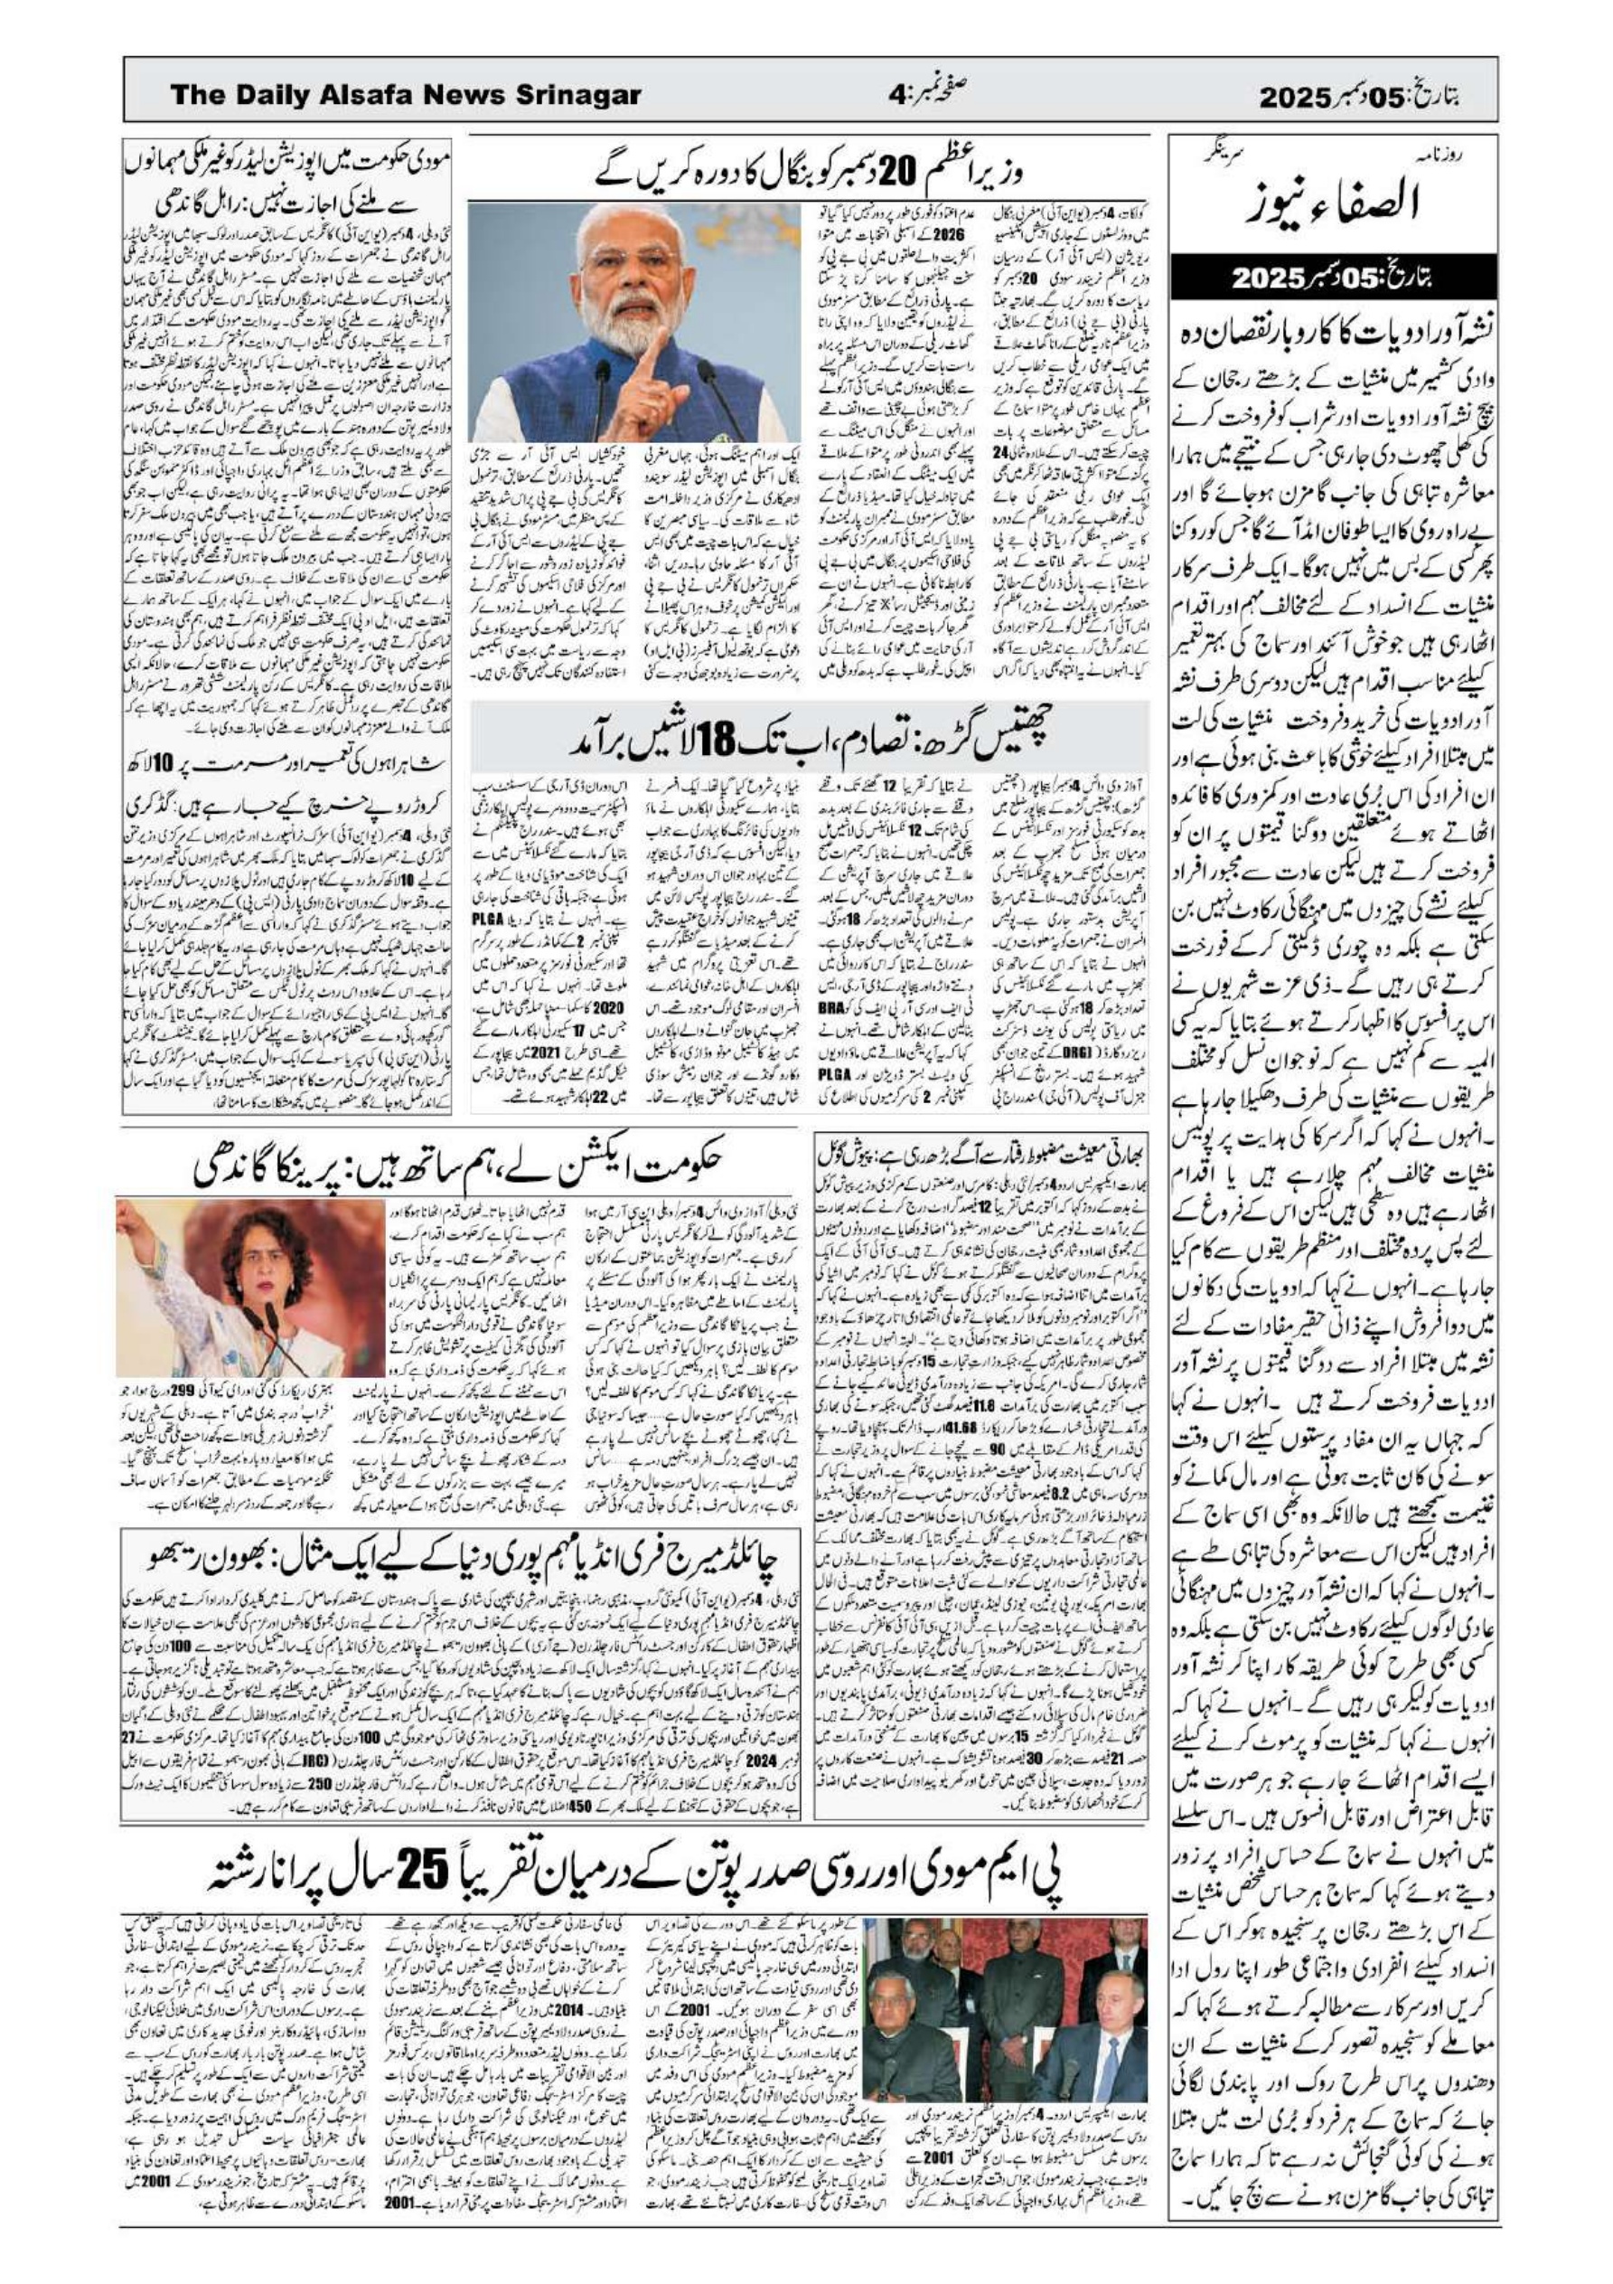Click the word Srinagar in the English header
[574, 96]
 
